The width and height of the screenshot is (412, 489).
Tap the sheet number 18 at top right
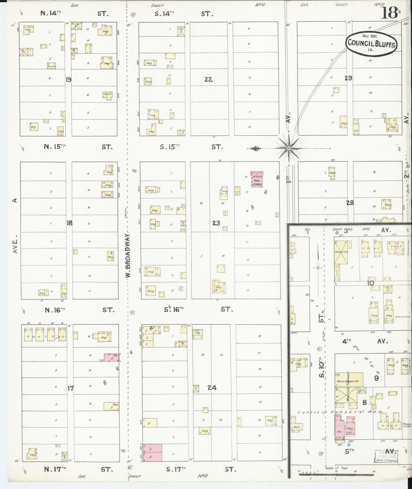click(389, 12)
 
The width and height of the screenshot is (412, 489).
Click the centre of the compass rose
click(289, 148)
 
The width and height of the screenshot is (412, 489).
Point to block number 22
click(208, 79)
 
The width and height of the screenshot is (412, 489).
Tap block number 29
click(348, 78)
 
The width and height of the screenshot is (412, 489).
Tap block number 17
click(70, 389)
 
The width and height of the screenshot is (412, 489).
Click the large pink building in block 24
click(152, 453)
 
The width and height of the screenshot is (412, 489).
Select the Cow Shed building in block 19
click(51, 66)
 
